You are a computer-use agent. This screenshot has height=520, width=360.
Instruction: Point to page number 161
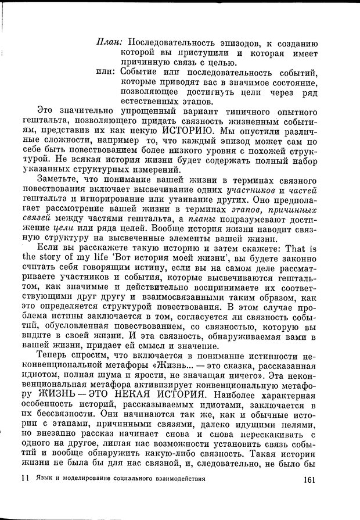tap(305, 480)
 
